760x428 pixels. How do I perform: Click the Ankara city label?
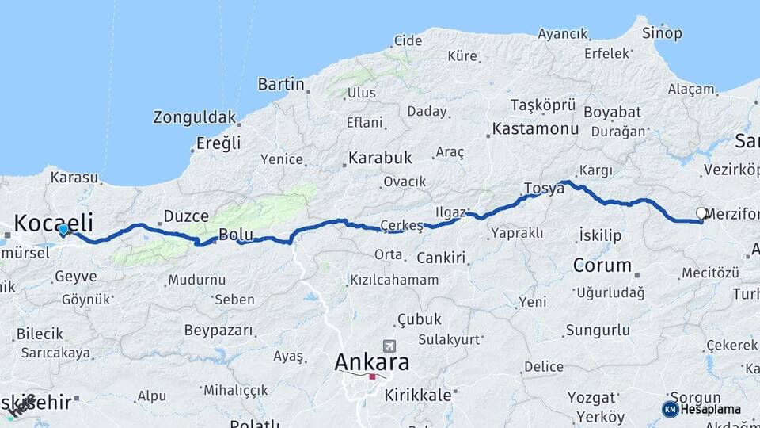pyautogui.click(x=372, y=362)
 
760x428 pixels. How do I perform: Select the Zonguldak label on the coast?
pyautogui.click(x=194, y=118)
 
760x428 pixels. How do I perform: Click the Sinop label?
pyautogui.click(x=662, y=33)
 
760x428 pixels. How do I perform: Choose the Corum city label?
pyautogui.click(x=602, y=265)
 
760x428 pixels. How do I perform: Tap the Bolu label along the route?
pyautogui.click(x=235, y=235)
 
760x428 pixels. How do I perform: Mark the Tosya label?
pyautogui.click(x=544, y=189)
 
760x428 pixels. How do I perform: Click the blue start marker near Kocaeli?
pyautogui.click(x=63, y=229)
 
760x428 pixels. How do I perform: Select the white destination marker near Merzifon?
pyautogui.click(x=701, y=212)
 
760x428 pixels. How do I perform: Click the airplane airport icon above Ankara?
pyautogui.click(x=389, y=346)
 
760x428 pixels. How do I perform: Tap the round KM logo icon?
pyautogui.click(x=670, y=409)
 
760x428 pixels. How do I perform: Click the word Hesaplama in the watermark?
pyautogui.click(x=711, y=409)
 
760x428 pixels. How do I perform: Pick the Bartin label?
pyautogui.click(x=281, y=84)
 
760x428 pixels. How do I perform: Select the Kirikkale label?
pyautogui.click(x=417, y=395)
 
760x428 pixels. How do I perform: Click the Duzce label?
pyautogui.click(x=185, y=216)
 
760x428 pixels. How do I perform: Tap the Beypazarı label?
pyautogui.click(x=218, y=331)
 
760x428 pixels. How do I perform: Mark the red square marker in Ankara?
pyautogui.click(x=372, y=376)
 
